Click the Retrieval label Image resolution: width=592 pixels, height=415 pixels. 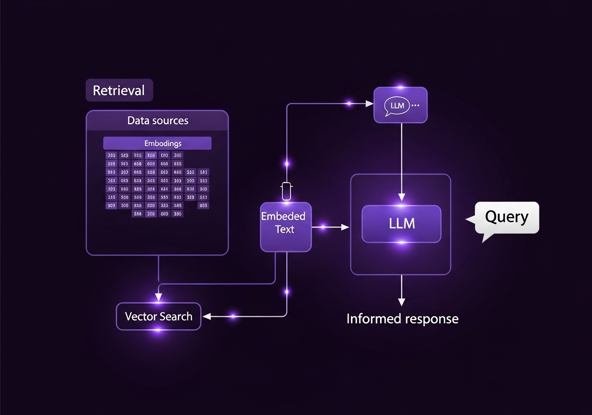tap(119, 90)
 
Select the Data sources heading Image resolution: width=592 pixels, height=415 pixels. tap(158, 120)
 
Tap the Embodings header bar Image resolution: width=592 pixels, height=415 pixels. tap(157, 143)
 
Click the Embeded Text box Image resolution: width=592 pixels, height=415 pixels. tap(285, 226)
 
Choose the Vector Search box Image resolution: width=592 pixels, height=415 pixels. tap(158, 316)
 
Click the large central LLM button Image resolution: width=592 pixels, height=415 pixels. tap(401, 224)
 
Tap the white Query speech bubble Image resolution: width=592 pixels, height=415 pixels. tap(506, 217)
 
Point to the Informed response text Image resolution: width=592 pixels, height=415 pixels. tap(402, 319)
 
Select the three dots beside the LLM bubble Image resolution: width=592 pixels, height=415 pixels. tap(415, 106)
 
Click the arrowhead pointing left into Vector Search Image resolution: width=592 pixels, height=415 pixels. tap(207, 316)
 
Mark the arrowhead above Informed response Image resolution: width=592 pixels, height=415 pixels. tap(401, 302)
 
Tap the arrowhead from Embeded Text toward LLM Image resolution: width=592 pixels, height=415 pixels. tap(345, 226)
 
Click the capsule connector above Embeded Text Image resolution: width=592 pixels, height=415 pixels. tap(287, 191)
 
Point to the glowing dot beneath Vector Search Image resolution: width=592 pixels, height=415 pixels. tap(158, 330)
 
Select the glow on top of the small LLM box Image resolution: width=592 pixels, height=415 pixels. tap(401, 87)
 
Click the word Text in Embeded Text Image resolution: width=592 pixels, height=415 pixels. tap(284, 229)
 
